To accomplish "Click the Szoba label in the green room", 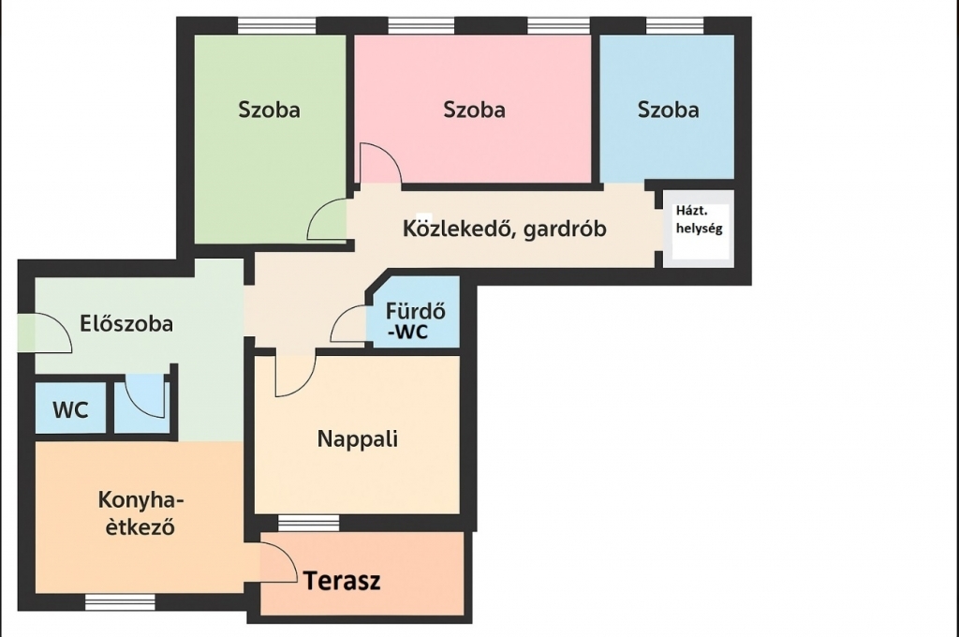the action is pos(269,111).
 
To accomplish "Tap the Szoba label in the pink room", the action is pos(474,111).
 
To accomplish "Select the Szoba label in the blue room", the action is pos(668,111).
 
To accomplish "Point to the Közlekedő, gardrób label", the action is pos(505,229).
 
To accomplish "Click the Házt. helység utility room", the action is pos(699,228).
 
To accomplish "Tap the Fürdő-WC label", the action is pos(415,321).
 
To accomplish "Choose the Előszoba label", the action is pos(126,324).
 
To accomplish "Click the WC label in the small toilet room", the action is pos(70,410).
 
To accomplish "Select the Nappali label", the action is pos(357,438).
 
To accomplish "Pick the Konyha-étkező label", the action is pos(140,513).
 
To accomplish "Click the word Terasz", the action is pos(342,581).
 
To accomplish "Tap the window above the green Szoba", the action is pos(276,25).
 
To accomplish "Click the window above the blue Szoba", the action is pos(674,25).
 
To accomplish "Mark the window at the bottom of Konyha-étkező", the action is pos(120,602).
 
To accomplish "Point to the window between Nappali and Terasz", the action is pos(308,524).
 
